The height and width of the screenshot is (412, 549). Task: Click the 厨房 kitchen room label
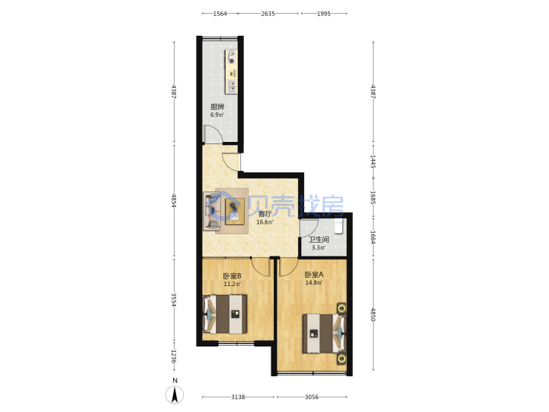[217, 107]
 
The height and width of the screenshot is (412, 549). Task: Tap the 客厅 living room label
[265, 214]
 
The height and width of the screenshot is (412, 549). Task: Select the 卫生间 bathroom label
[319, 240]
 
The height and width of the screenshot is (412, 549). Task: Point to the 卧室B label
[232, 275]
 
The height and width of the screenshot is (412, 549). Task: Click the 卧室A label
[313, 275]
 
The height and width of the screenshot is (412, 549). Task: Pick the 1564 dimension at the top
[220, 14]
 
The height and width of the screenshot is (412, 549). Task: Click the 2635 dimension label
[268, 14]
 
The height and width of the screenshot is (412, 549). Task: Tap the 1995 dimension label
[323, 14]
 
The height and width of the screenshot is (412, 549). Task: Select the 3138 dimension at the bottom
[238, 397]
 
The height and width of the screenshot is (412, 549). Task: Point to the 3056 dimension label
[312, 397]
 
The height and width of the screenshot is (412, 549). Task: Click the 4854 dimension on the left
[173, 200]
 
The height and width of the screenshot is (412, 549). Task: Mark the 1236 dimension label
[173, 356]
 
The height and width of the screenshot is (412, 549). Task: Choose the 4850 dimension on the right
[373, 314]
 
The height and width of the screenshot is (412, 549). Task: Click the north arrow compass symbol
[175, 394]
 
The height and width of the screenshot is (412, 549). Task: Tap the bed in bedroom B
[226, 314]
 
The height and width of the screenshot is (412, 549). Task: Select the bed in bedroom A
[324, 333]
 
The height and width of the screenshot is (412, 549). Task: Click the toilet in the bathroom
[339, 227]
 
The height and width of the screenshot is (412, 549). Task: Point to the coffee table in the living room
[235, 211]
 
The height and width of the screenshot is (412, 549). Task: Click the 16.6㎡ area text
[265, 222]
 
